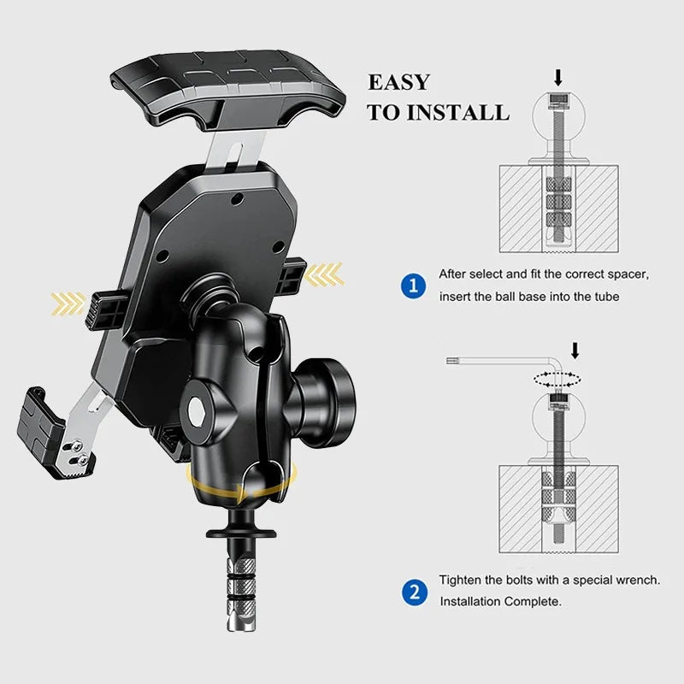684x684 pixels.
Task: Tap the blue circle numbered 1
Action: pyautogui.click(x=413, y=286)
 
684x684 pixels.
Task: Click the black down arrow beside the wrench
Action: pyautogui.click(x=575, y=350)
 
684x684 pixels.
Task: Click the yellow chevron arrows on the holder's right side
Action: pyautogui.click(x=325, y=274)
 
